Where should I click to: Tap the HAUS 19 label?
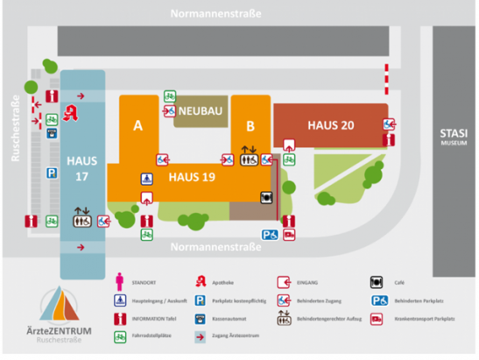coord(193,177)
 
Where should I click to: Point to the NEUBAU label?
coord(201,114)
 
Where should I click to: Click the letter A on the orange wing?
coord(137,126)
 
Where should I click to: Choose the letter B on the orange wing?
coord(250,126)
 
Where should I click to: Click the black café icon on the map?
coord(265,197)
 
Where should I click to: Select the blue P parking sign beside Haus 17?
coord(52,174)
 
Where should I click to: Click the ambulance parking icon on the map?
coord(289,234)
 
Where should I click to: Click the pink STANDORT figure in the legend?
coord(122,281)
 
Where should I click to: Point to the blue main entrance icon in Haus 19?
coord(146,178)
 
